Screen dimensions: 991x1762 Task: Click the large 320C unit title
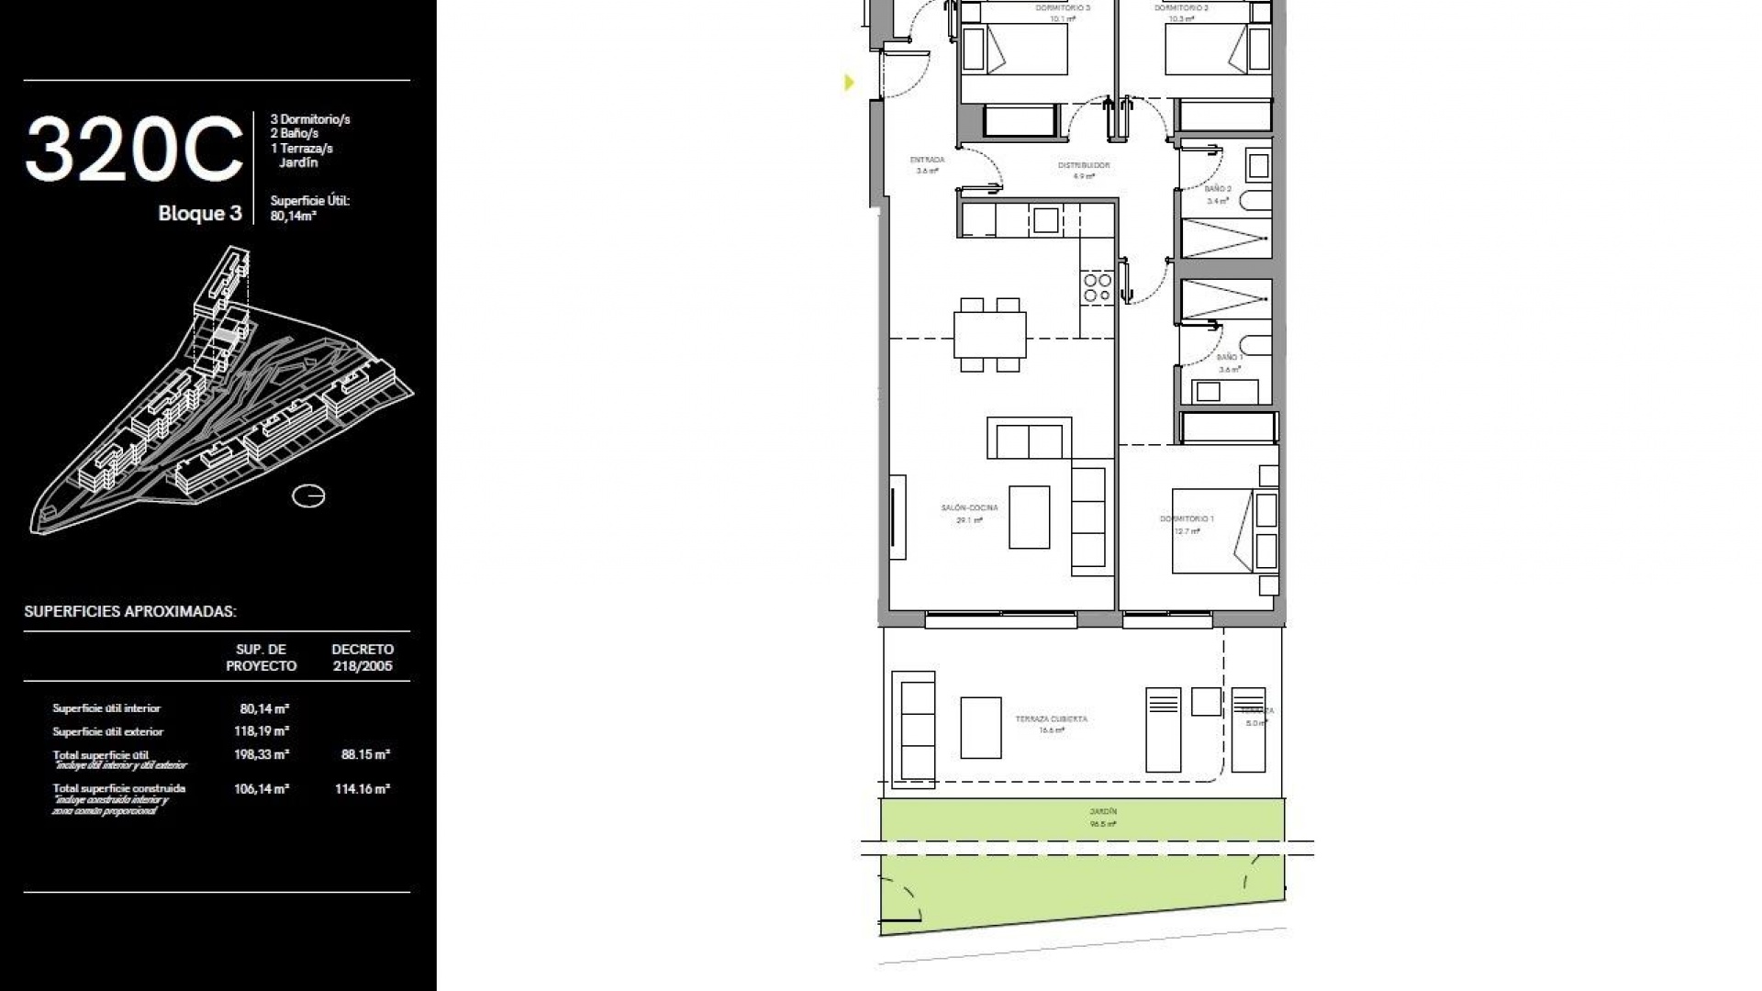point(134,150)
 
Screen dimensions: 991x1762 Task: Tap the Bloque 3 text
point(200,214)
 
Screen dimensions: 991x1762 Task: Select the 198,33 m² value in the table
point(262,754)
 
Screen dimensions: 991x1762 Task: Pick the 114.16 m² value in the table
point(362,788)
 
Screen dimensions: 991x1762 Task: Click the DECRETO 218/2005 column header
point(362,657)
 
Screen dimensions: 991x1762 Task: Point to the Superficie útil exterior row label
point(108,731)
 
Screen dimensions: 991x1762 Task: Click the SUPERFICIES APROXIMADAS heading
point(130,612)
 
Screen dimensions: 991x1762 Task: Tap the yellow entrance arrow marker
point(849,83)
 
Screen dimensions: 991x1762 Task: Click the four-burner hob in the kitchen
point(1098,287)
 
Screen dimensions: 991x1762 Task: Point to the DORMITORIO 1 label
point(1187,519)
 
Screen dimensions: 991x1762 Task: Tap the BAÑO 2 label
point(1218,189)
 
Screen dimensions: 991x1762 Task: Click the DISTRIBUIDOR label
point(1084,166)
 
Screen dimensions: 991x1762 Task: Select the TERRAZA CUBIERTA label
point(1052,718)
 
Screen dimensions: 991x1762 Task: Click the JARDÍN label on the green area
point(1103,812)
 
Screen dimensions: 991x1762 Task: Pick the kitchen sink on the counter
point(1045,220)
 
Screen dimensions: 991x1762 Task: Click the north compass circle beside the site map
point(308,496)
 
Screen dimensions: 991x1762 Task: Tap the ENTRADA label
point(927,160)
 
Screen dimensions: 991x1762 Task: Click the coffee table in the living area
point(1030,517)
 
